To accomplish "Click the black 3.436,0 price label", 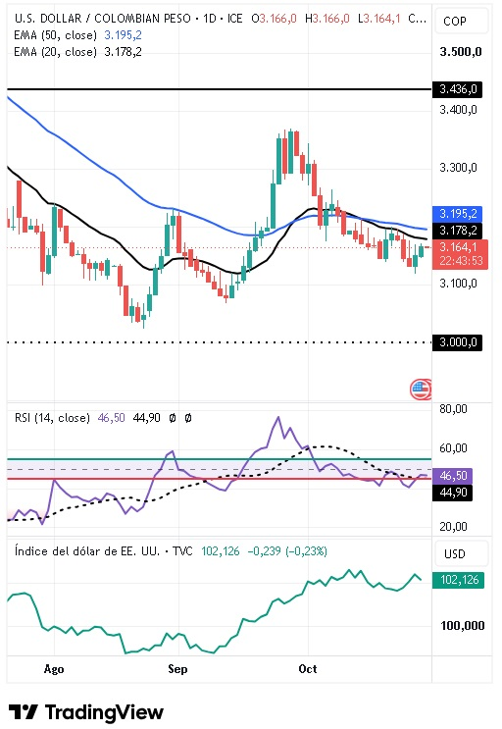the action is click(x=457, y=89).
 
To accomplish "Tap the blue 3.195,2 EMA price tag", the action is click(x=457, y=214).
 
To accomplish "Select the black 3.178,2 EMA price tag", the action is click(x=457, y=231).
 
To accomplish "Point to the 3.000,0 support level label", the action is click(x=457, y=342).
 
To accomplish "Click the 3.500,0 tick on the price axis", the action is click(x=461, y=52).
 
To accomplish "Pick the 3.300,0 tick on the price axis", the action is click(x=458, y=168).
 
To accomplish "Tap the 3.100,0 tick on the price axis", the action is click(x=458, y=284).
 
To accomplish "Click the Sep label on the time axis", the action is click(x=177, y=669).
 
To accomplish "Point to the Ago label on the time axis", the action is click(x=54, y=669).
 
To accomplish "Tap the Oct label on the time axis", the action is click(x=308, y=669).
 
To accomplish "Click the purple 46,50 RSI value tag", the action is click(x=452, y=476).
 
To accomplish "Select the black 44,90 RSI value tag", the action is click(x=452, y=493).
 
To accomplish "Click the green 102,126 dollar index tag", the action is click(x=458, y=580).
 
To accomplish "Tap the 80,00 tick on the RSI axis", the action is click(x=453, y=409).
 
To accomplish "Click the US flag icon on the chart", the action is click(x=421, y=390).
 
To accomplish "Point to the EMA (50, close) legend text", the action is click(x=55, y=35).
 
